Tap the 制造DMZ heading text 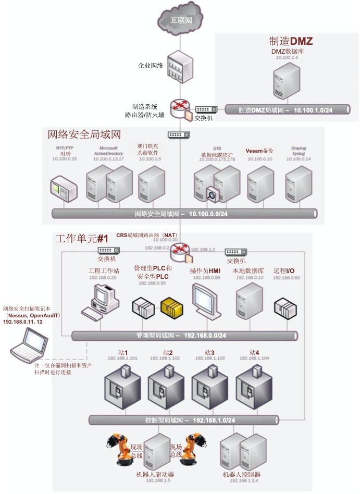(291, 41)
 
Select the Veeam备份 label (259, 151)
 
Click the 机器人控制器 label (241, 475)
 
